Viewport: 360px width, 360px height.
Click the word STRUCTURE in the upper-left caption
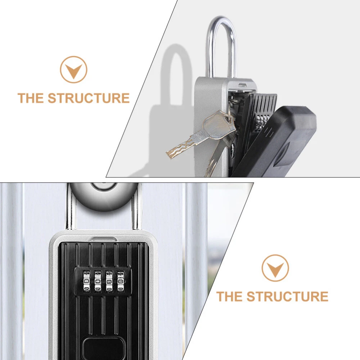click(x=89, y=98)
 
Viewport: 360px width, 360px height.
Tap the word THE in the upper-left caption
click(x=31, y=98)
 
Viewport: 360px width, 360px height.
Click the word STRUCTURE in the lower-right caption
click(x=287, y=296)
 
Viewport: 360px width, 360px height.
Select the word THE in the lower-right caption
click(x=229, y=296)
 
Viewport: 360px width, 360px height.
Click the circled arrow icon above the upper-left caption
click(x=74, y=69)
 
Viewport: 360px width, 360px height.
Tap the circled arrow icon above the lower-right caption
click(x=275, y=268)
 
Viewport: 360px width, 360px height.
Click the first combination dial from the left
click(x=86, y=282)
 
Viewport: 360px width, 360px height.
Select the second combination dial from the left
click(x=98, y=282)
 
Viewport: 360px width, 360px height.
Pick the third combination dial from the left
click(x=109, y=282)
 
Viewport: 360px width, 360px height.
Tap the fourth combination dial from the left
click(x=121, y=282)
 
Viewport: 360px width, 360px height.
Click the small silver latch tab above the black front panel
click(x=103, y=239)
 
